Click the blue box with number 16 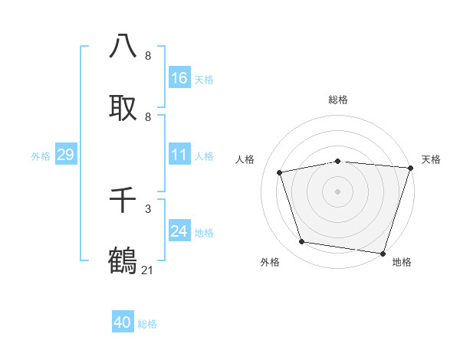pyautogui.click(x=179, y=77)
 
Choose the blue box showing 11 pyautogui.click(x=179, y=155)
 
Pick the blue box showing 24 pyautogui.click(x=179, y=231)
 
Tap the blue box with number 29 pyautogui.click(x=65, y=155)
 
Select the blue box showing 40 pyautogui.click(x=123, y=322)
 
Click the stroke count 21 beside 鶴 pyautogui.click(x=148, y=269)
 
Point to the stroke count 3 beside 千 pyautogui.click(x=148, y=208)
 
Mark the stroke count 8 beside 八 pyautogui.click(x=148, y=55)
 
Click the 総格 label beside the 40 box pyautogui.click(x=147, y=324)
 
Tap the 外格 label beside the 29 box pyautogui.click(x=41, y=156)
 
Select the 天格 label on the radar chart pyautogui.click(x=431, y=159)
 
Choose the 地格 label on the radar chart pyautogui.click(x=402, y=262)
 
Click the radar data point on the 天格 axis pyautogui.click(x=409, y=168)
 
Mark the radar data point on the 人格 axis pyautogui.click(x=280, y=172)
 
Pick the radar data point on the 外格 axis pyautogui.click(x=302, y=242)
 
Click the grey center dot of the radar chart pyautogui.click(x=337, y=191)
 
